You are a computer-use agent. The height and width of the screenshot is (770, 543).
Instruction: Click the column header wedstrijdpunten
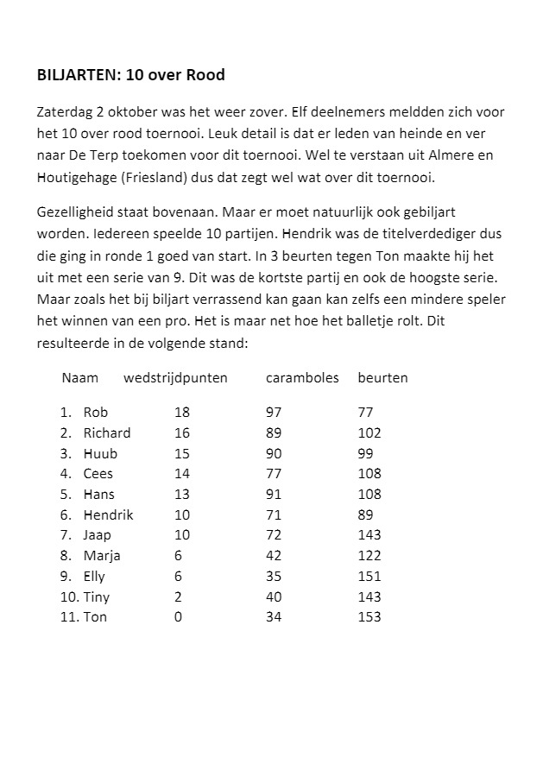(175, 378)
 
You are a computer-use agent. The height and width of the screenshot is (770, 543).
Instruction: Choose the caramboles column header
(302, 378)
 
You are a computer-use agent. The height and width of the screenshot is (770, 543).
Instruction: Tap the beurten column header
(382, 378)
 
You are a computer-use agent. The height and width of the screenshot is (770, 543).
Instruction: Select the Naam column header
(79, 378)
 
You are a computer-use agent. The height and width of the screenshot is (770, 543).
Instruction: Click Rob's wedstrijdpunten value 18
(181, 413)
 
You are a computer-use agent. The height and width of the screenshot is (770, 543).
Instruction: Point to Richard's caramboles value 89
(274, 433)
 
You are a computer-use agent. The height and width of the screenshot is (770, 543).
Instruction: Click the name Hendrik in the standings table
(108, 514)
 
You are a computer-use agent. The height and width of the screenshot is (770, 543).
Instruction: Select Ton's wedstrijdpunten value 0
(178, 617)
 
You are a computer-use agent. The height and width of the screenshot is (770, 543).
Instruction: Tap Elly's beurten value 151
(369, 576)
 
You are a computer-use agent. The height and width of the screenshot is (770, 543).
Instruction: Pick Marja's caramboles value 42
(274, 556)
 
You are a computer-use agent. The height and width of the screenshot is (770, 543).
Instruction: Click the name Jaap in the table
(97, 535)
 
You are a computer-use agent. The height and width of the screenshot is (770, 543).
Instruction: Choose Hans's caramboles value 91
(274, 495)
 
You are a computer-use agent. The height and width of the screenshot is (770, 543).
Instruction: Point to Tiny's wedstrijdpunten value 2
(178, 596)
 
